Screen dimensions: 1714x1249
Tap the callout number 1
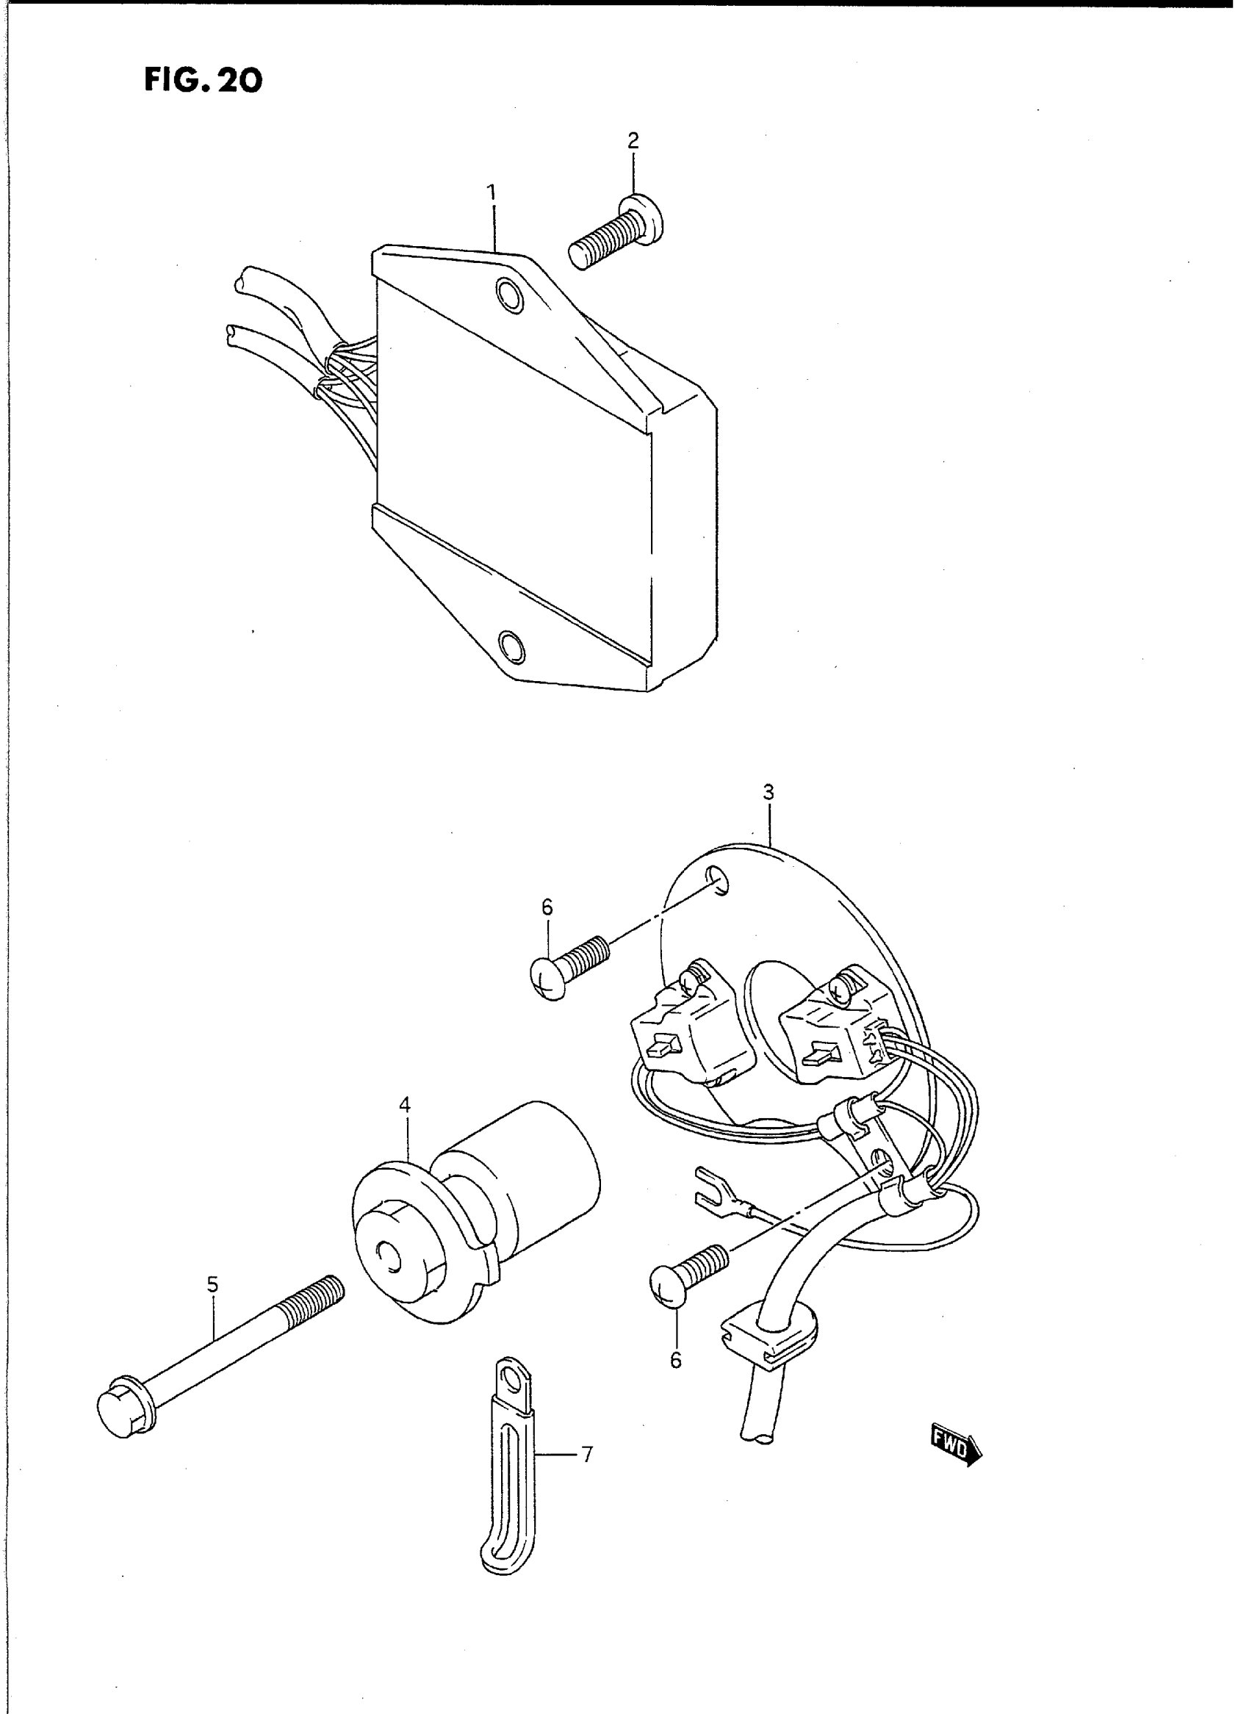coord(492,192)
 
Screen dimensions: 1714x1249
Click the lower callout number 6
coord(675,1360)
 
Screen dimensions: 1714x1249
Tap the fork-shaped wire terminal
coord(707,1195)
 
